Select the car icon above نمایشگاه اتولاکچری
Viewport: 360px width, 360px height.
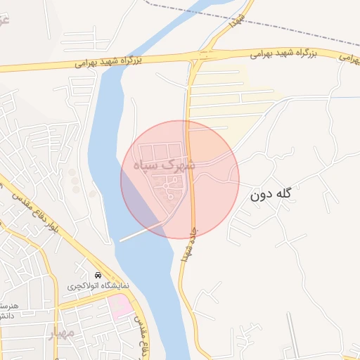(97, 275)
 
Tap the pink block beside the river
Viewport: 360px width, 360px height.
(120, 306)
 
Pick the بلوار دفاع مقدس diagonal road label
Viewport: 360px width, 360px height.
(29, 204)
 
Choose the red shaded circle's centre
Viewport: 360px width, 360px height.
(180, 179)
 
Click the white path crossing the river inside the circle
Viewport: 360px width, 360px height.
(144, 233)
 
